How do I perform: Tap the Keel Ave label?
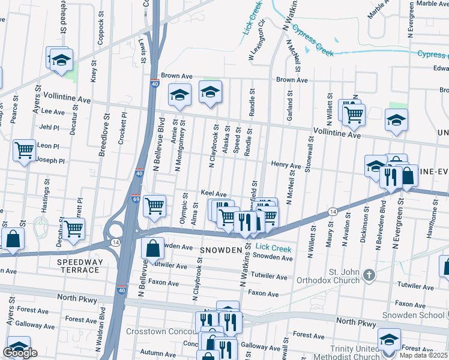click(214, 194)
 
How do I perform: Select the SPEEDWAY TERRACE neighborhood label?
click(79, 266)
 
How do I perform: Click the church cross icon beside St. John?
click(369, 275)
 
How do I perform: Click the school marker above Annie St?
click(179, 94)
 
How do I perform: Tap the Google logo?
click(20, 353)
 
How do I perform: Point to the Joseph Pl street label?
click(51, 161)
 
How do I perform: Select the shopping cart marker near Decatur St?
click(74, 229)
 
